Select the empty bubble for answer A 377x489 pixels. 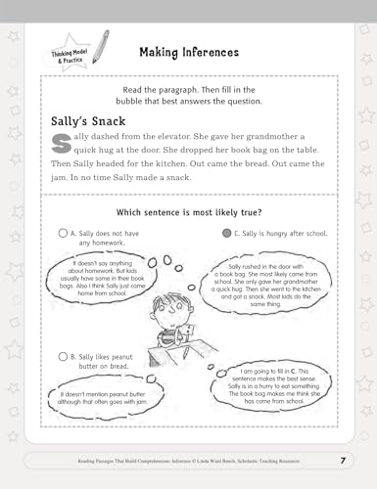(64, 234)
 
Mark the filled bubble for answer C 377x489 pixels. (226, 234)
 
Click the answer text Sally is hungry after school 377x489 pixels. (286, 234)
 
